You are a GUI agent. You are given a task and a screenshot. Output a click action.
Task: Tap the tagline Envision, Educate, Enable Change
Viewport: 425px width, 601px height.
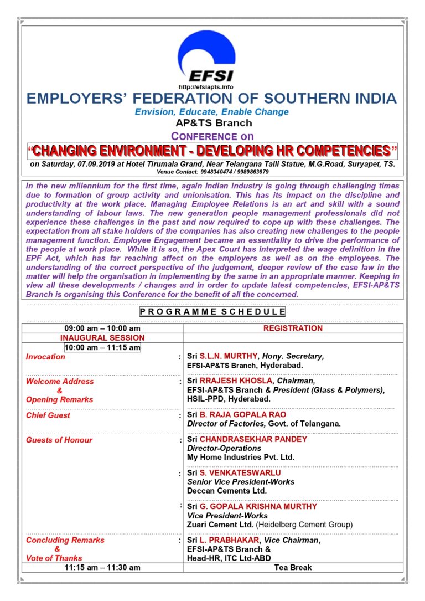tap(212, 112)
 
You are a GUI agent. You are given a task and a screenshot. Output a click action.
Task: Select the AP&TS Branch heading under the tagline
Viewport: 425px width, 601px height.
tap(213, 123)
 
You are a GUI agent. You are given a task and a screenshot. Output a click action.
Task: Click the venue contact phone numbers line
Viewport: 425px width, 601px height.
tap(212, 172)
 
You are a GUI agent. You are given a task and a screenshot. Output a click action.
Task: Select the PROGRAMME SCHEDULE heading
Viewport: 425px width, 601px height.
tap(212, 312)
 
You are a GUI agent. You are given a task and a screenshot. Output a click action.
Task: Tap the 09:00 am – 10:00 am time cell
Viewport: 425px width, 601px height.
tap(102, 328)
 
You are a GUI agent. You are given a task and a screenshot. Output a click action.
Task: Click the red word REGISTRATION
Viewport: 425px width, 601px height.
tap(293, 328)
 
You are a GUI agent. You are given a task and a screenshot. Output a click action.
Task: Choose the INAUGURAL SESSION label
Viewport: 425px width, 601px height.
tap(102, 338)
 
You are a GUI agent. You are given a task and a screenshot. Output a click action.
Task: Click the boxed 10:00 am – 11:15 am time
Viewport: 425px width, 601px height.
tap(102, 347)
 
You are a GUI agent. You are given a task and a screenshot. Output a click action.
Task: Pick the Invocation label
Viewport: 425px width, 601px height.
tap(45, 357)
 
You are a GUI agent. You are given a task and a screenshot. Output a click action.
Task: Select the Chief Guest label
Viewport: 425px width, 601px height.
tap(48, 415)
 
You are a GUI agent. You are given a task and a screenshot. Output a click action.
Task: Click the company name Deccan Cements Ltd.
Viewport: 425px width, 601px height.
tap(227, 491)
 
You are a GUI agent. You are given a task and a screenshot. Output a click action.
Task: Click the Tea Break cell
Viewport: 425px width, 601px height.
tap(293, 567)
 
